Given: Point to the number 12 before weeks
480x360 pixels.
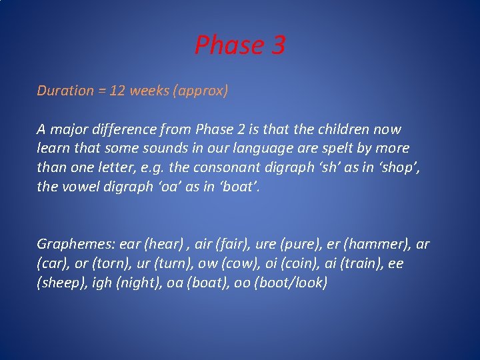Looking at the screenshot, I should [117, 91].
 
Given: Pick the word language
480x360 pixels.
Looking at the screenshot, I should [249, 148].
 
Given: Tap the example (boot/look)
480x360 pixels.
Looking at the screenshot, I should [295, 283].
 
